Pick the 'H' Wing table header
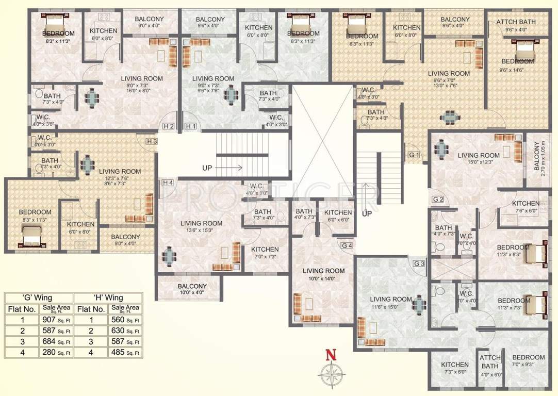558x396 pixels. (x=108, y=298)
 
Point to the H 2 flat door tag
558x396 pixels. (x=168, y=126)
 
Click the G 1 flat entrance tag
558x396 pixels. (x=414, y=155)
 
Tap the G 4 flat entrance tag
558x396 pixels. (x=347, y=245)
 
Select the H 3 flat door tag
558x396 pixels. (x=151, y=141)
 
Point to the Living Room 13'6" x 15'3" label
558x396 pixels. (x=201, y=227)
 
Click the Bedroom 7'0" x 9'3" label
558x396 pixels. (x=528, y=361)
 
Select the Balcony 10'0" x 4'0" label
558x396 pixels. (x=192, y=289)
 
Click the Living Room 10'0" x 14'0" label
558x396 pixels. (x=323, y=274)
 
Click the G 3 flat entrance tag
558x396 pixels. (x=420, y=264)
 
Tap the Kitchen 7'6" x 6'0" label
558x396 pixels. (x=526, y=207)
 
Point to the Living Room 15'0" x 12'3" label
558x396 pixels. (x=479, y=159)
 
